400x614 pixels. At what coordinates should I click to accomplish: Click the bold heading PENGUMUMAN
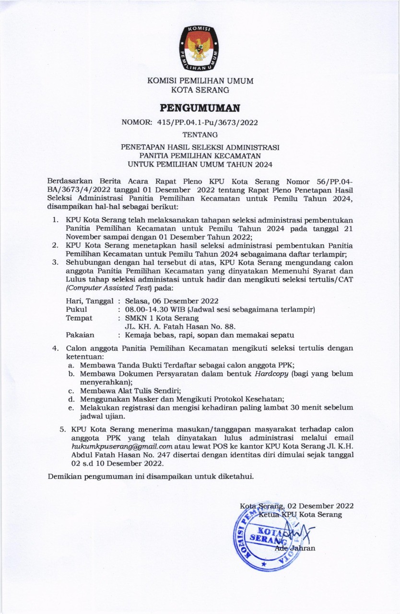coord(200,106)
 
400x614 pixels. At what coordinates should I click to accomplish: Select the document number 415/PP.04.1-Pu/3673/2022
coord(207,122)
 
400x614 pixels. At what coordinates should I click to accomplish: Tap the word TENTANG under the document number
coord(200,135)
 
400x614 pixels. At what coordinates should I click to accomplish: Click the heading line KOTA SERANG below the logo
coord(200,89)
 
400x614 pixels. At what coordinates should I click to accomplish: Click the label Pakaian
coord(80,335)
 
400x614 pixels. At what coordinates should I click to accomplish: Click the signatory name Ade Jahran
coord(295,548)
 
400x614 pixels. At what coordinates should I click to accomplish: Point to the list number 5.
coord(62,429)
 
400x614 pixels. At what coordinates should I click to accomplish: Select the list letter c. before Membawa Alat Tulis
coord(71,390)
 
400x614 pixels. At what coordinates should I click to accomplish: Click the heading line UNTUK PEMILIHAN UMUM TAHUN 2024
coord(200,165)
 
